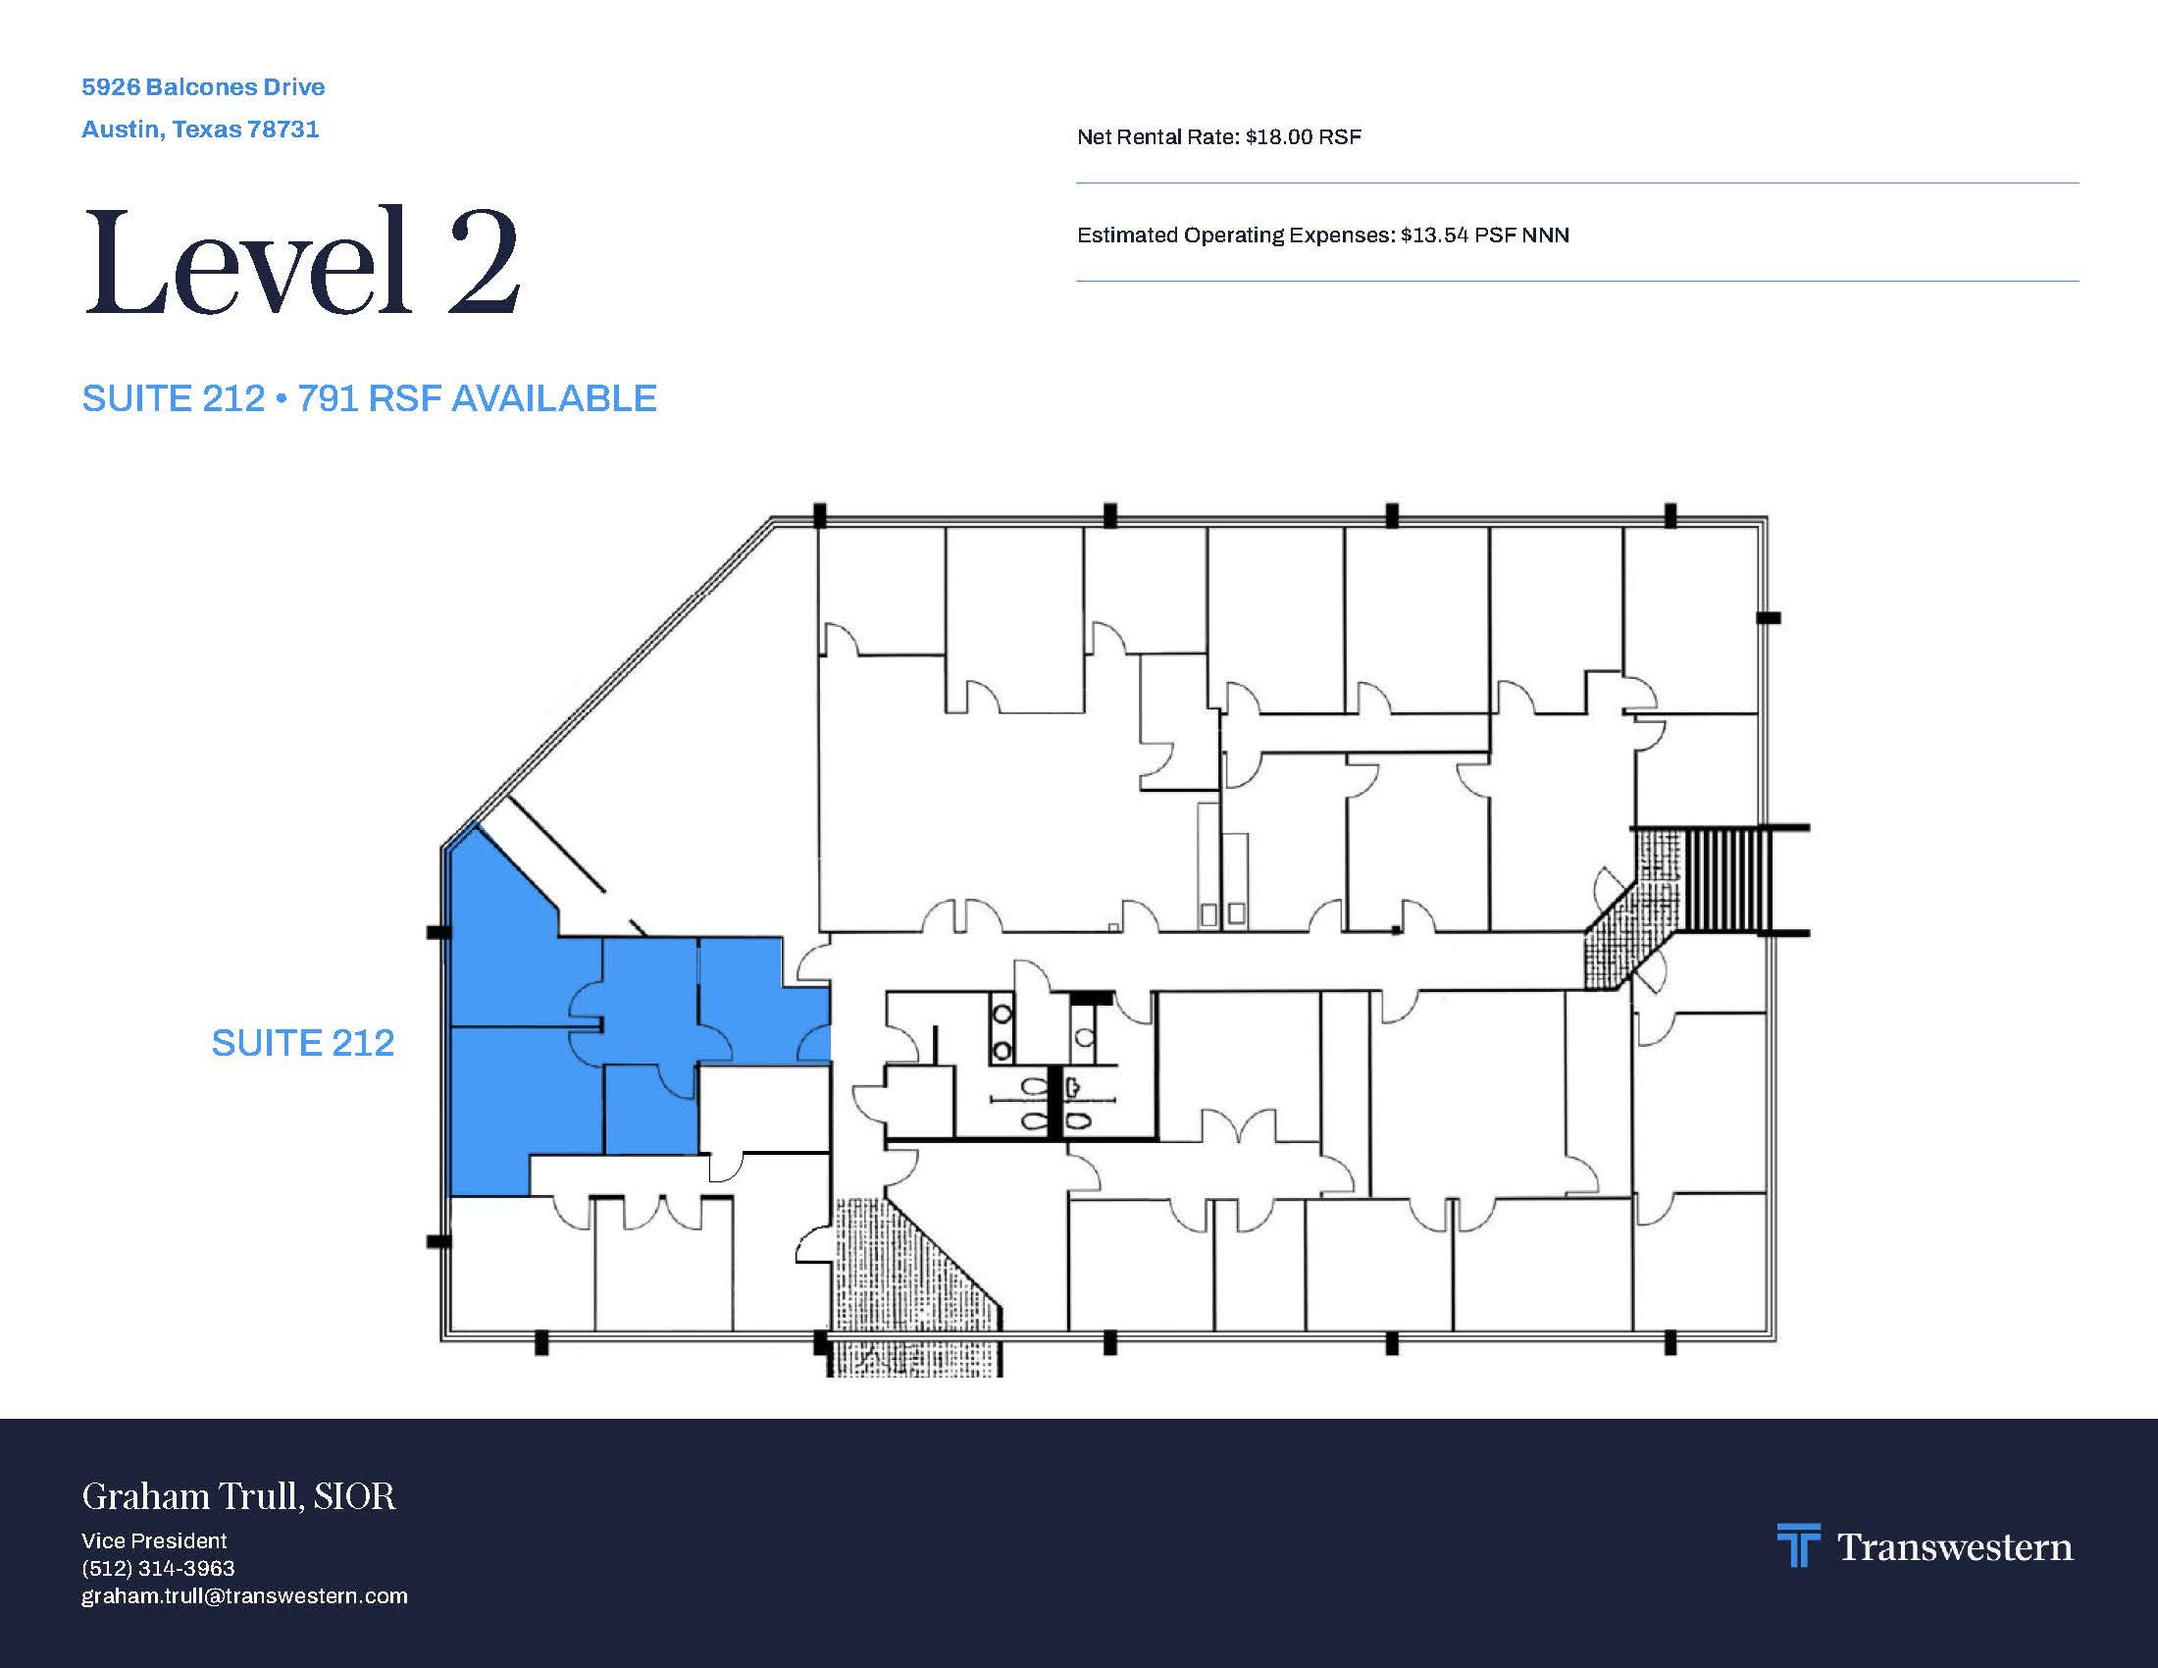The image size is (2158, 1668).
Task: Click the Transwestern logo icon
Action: [x=1798, y=1545]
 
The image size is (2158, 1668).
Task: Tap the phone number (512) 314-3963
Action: [x=158, y=1568]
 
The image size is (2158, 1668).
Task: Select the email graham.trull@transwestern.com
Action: [x=244, y=1595]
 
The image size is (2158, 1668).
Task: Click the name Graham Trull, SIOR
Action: [x=238, y=1496]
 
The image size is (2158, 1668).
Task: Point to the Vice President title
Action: [x=154, y=1540]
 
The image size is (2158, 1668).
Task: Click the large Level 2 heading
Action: [x=301, y=261]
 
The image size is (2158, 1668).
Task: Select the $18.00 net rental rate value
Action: [x=1273, y=136]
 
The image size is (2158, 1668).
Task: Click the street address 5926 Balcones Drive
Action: [x=203, y=87]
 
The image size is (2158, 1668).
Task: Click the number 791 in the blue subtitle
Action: [x=327, y=398]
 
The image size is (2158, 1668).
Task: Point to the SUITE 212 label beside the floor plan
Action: [x=302, y=1042]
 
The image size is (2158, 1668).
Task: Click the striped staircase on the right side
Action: [x=1723, y=879]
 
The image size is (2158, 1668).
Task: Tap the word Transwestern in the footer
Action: [x=1954, y=1546]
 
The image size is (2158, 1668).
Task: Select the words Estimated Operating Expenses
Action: [x=1235, y=235]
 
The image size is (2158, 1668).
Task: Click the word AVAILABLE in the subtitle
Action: [x=554, y=398]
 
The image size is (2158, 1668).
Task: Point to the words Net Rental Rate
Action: [x=1156, y=136]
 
